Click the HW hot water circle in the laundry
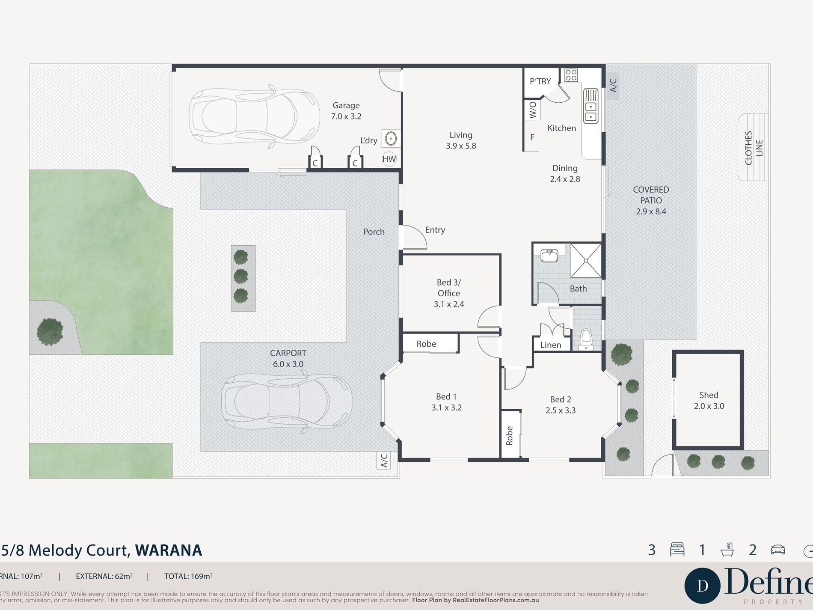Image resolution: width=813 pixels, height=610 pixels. coord(389,159)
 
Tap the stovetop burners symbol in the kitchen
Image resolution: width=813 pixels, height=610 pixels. coord(571,75)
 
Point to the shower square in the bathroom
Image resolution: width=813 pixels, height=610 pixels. coord(586,260)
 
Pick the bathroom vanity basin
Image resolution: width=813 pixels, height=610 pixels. coord(549,256)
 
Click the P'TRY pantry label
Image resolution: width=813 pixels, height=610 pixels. coord(540,81)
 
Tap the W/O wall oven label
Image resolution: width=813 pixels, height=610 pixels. coord(533,110)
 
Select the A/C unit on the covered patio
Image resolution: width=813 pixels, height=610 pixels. coord(613,85)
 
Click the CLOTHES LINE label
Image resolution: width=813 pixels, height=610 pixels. coord(754,148)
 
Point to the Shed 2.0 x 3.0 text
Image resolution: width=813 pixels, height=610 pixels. coord(709,401)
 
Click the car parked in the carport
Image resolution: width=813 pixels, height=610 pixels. coord(286,402)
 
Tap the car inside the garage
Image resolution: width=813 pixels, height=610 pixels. coord(254,116)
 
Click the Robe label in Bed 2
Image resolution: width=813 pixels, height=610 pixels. coord(509,435)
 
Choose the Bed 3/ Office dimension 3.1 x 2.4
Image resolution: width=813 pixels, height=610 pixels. coord(448,304)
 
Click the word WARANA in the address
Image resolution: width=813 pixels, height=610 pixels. coord(168,550)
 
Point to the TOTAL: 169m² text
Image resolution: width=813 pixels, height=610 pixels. coord(188,576)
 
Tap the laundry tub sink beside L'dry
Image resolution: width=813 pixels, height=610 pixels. coord(391,138)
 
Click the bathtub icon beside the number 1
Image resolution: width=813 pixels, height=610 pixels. coord(727,550)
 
